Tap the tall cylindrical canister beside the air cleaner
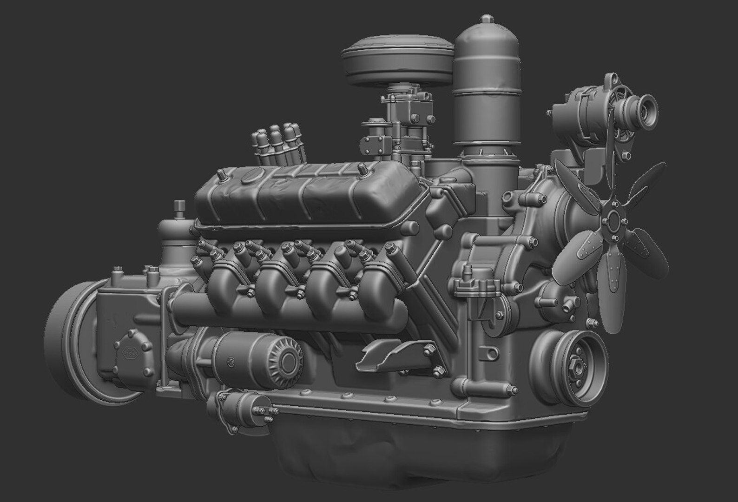pyautogui.click(x=486, y=93)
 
